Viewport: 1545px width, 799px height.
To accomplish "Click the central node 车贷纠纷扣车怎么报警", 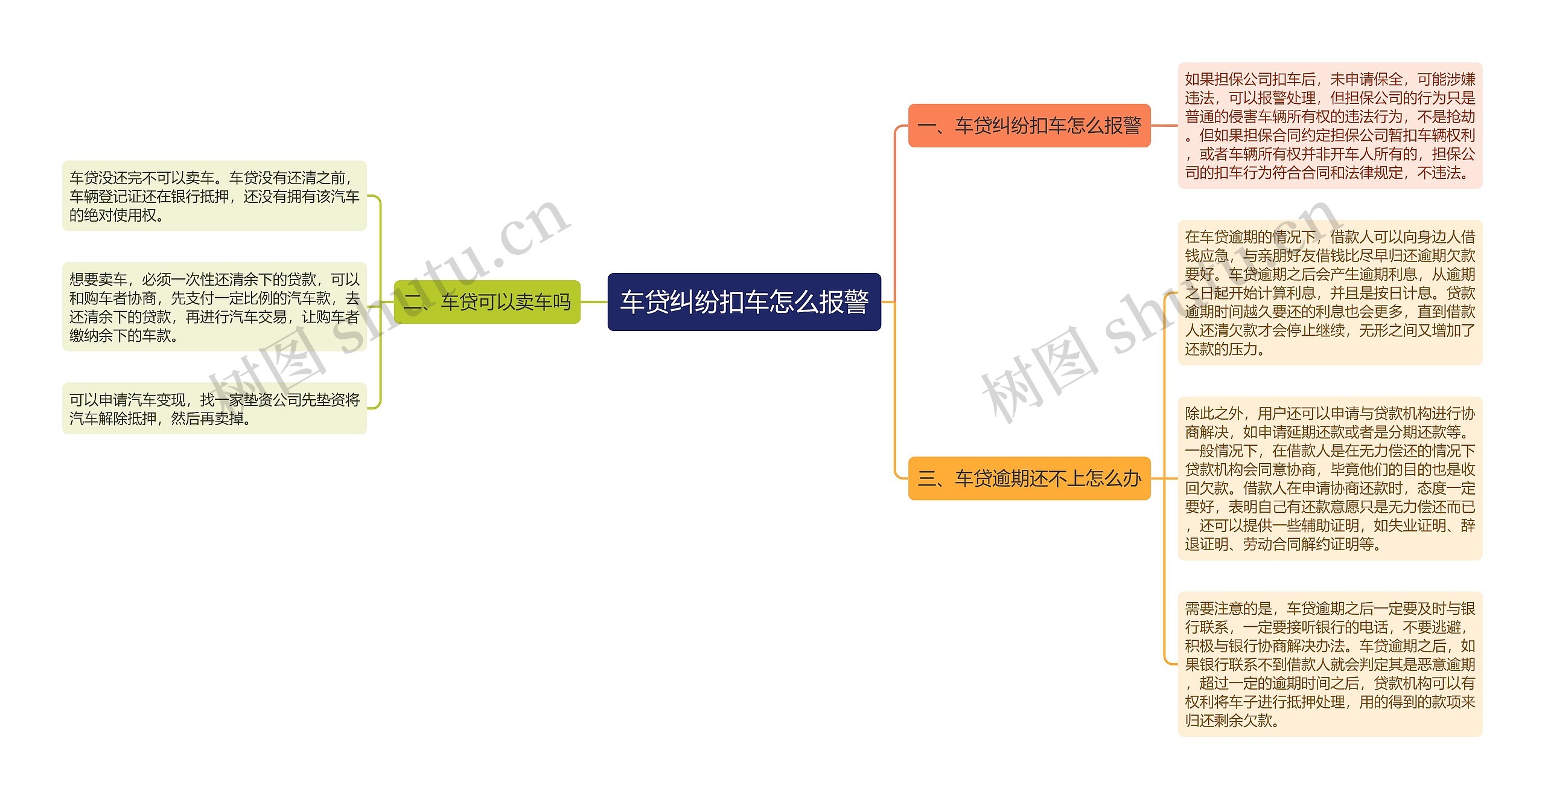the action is click(744, 301).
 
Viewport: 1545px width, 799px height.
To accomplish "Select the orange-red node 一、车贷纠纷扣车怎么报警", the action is click(1029, 126).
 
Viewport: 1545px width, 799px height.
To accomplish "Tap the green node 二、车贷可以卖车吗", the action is click(486, 301).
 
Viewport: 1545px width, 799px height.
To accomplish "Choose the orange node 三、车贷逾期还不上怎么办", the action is click(1029, 478).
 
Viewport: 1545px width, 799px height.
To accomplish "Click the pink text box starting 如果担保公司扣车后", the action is click(1330, 126).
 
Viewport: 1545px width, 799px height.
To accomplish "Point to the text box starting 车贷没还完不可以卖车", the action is click(214, 196).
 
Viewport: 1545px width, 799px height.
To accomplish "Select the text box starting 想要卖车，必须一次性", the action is click(214, 307).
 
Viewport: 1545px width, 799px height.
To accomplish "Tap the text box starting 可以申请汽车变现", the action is click(214, 408).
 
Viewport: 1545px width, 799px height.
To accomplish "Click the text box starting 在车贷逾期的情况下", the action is click(1330, 292).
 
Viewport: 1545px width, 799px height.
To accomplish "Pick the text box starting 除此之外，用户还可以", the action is click(1330, 478).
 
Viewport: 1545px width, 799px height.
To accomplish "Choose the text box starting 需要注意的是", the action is click(1330, 664).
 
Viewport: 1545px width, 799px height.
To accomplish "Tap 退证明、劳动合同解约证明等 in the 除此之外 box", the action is click(1282, 544).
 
